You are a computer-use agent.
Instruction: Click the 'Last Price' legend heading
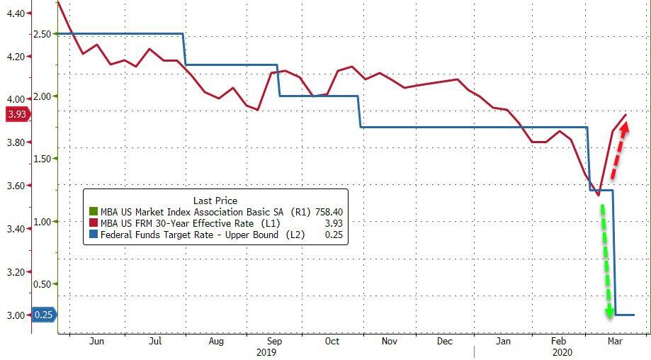pyautogui.click(x=215, y=201)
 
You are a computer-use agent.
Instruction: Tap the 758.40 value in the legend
pyautogui.click(x=329, y=212)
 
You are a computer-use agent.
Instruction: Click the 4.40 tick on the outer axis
pyautogui.click(x=14, y=13)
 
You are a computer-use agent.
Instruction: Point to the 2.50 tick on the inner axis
pyautogui.click(x=42, y=34)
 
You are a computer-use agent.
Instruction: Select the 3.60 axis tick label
pyautogui.click(x=14, y=186)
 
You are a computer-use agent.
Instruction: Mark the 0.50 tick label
pyautogui.click(x=42, y=284)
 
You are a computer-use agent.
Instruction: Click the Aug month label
pyautogui.click(x=216, y=341)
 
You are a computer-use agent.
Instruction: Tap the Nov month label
pyautogui.click(x=388, y=341)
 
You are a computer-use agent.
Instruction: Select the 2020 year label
pyautogui.click(x=561, y=351)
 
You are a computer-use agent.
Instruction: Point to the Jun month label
pyautogui.click(x=97, y=341)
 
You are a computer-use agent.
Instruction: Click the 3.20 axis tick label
pyautogui.click(x=14, y=272)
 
